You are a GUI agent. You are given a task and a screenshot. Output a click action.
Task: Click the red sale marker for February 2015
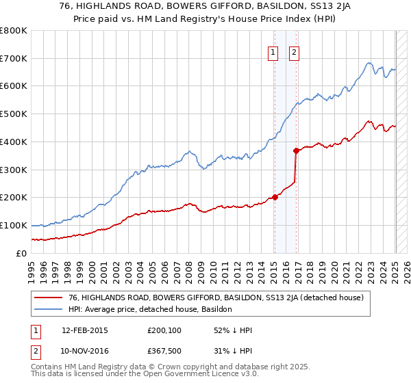pos(275,197)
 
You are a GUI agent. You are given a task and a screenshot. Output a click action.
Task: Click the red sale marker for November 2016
pos(296,150)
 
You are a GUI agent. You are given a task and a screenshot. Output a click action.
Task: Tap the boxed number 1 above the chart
pos(273,52)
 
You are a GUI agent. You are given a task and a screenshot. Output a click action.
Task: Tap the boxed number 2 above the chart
pos(295,52)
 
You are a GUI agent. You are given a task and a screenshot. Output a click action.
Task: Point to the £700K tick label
pos(14,58)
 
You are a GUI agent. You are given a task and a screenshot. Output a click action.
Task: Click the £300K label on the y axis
pos(14,170)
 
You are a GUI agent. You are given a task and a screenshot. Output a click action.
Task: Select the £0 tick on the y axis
pos(22,253)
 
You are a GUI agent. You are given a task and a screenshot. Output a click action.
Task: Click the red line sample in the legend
pos(47,298)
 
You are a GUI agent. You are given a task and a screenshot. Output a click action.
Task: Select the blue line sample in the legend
pos(47,310)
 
